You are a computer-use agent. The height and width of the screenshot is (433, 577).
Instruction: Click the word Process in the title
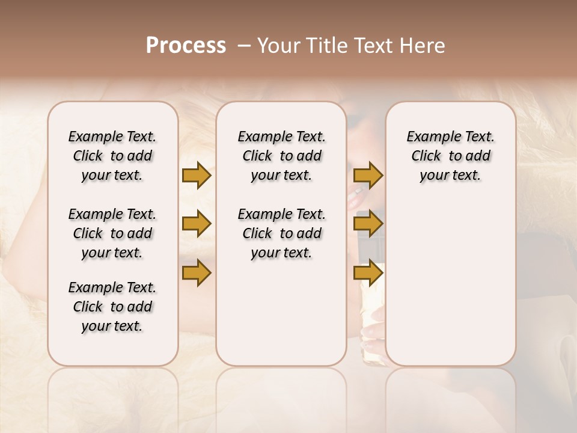point(186,46)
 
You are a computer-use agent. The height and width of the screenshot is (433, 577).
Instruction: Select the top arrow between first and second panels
point(197,175)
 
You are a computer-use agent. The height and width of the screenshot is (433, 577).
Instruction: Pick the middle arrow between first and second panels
point(197,224)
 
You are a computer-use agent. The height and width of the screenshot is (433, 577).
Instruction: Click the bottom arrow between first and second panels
point(197,273)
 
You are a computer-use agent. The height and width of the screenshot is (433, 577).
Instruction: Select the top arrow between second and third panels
point(368,175)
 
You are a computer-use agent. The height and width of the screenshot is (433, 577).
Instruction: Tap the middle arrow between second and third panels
point(368,224)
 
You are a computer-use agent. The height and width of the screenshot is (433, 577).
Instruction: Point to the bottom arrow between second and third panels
point(368,273)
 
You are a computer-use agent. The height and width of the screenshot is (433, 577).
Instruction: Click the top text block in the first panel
point(112,156)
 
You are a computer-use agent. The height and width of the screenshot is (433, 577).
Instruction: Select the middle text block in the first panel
point(112,233)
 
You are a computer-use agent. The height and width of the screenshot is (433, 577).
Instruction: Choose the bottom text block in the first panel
point(112,307)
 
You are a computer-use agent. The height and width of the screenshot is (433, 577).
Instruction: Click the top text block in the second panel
point(281,156)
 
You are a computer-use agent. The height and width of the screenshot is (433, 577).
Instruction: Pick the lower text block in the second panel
point(281,233)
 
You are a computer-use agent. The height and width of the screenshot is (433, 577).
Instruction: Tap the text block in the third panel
point(451,156)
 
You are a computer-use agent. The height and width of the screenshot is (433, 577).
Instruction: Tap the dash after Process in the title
point(245,46)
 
